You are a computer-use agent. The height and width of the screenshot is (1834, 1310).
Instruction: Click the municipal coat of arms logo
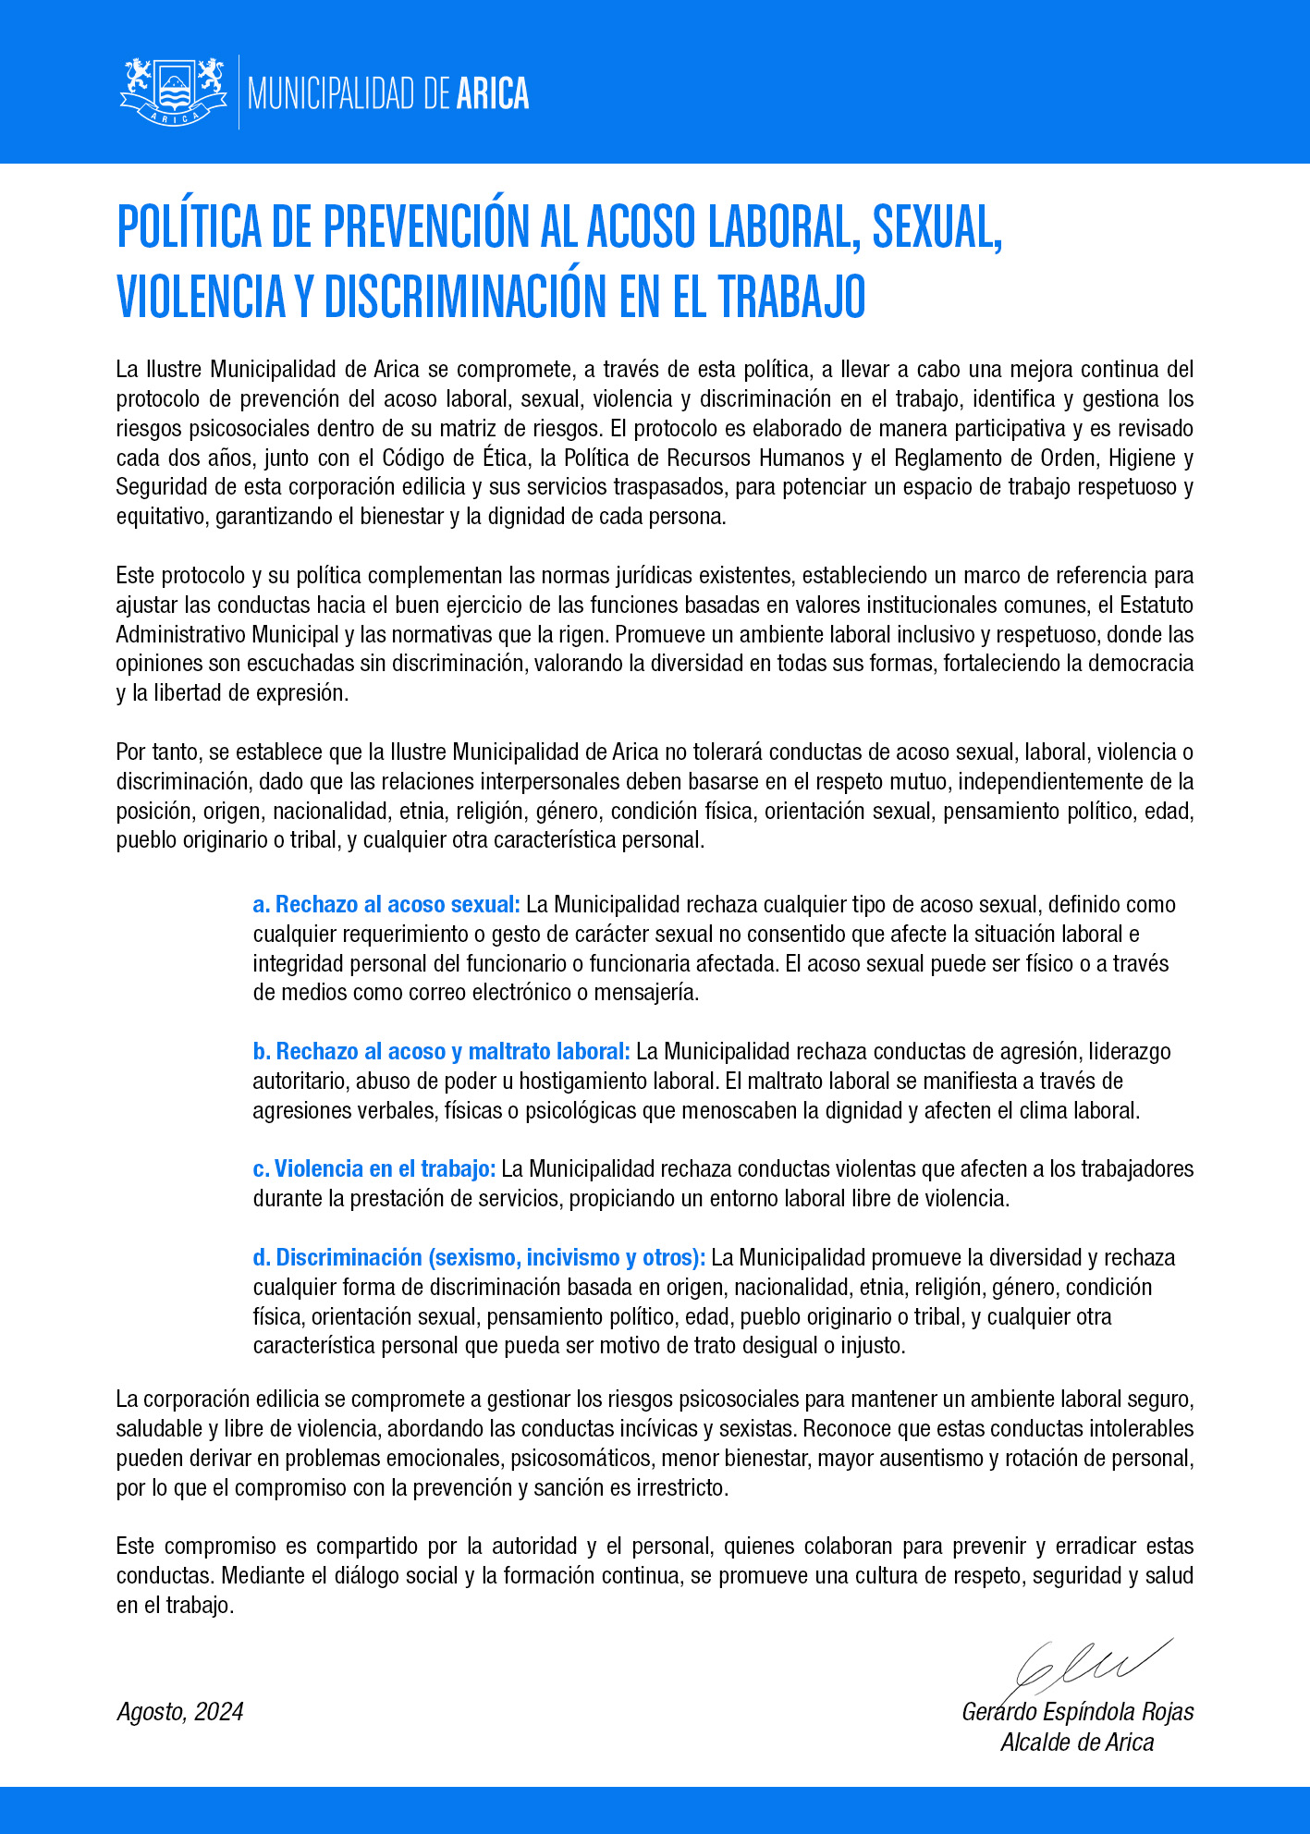pos(174,92)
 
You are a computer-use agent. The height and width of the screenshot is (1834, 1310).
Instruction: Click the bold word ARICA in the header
pos(493,93)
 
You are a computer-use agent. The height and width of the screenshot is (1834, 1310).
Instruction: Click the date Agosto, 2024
pos(180,1712)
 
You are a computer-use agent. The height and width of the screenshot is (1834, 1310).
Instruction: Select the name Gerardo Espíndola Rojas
pos(1077,1712)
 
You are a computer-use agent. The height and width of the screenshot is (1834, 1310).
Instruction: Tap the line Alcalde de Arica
pos(1077,1742)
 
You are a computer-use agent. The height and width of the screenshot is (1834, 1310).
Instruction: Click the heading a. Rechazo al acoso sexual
pos(386,904)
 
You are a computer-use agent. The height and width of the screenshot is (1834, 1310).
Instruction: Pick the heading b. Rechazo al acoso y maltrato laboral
pos(441,1051)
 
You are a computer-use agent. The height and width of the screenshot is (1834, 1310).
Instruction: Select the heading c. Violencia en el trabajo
pos(374,1168)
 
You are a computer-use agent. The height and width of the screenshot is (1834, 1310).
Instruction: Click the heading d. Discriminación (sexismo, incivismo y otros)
pos(479,1257)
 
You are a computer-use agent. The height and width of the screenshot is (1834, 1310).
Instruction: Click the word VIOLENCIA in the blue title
pos(201,296)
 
